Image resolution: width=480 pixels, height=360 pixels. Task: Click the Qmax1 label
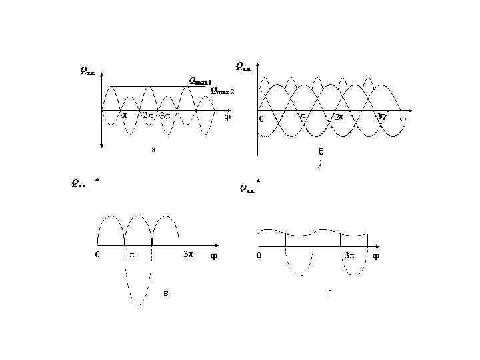click(x=200, y=81)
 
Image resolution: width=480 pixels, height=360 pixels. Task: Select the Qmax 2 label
click(x=223, y=90)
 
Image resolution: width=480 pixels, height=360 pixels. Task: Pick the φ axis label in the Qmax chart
click(x=227, y=116)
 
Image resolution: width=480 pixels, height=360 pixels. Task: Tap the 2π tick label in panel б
click(x=339, y=117)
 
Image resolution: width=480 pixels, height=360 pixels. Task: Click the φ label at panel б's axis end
click(x=403, y=119)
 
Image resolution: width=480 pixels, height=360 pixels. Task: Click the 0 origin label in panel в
click(x=97, y=254)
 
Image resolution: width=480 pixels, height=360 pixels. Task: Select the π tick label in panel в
click(x=131, y=254)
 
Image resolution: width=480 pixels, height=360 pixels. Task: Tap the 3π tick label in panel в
click(x=189, y=254)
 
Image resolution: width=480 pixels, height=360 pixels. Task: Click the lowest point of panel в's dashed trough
click(x=138, y=305)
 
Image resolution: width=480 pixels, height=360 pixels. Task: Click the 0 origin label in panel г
click(x=260, y=255)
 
